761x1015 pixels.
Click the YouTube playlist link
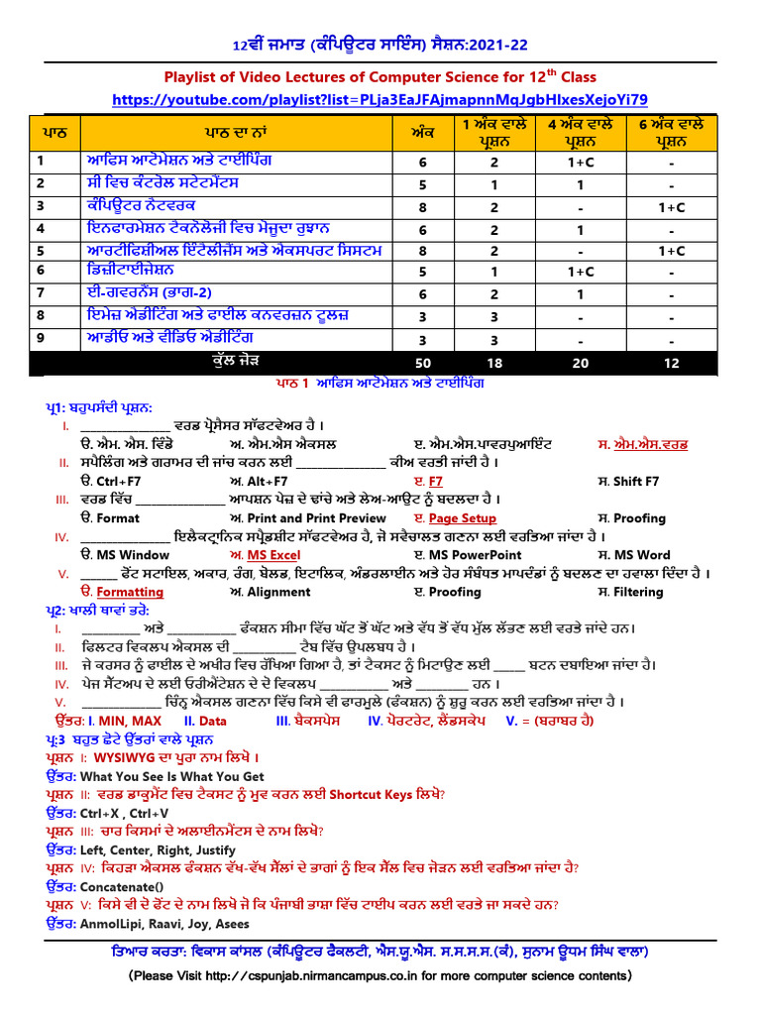[380, 99]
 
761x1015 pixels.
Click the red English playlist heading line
[380, 77]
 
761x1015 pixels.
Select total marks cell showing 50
[422, 364]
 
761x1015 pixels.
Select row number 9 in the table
[42, 339]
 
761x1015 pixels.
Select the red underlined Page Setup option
[462, 518]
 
